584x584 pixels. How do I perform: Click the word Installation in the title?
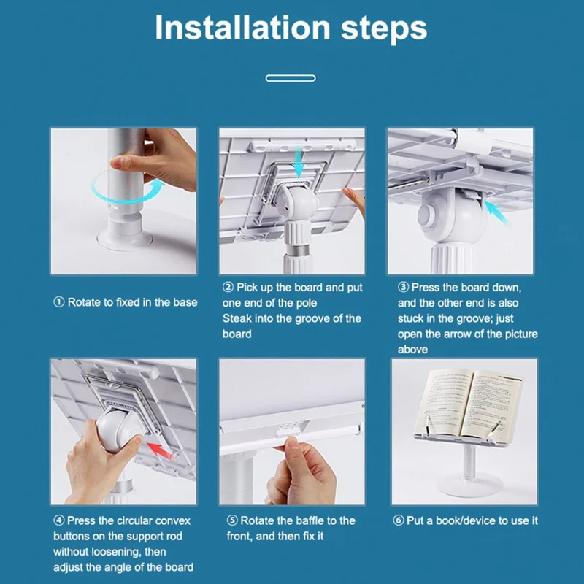[x=242, y=28]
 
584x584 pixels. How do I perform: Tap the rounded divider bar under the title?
[x=291, y=78]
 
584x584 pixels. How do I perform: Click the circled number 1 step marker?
[x=59, y=302]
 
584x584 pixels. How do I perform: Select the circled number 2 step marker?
[x=228, y=287]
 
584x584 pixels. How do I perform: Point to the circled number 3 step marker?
[x=403, y=287]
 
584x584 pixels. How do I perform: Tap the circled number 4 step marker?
[x=59, y=520]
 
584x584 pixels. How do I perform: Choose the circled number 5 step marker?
[x=232, y=520]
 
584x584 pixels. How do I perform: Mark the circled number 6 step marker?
[x=398, y=520]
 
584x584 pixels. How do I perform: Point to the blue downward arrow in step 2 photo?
[x=299, y=162]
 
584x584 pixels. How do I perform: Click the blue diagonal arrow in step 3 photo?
[x=497, y=212]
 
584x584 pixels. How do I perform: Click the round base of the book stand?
[x=470, y=486]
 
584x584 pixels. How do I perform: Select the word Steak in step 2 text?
[x=237, y=318]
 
